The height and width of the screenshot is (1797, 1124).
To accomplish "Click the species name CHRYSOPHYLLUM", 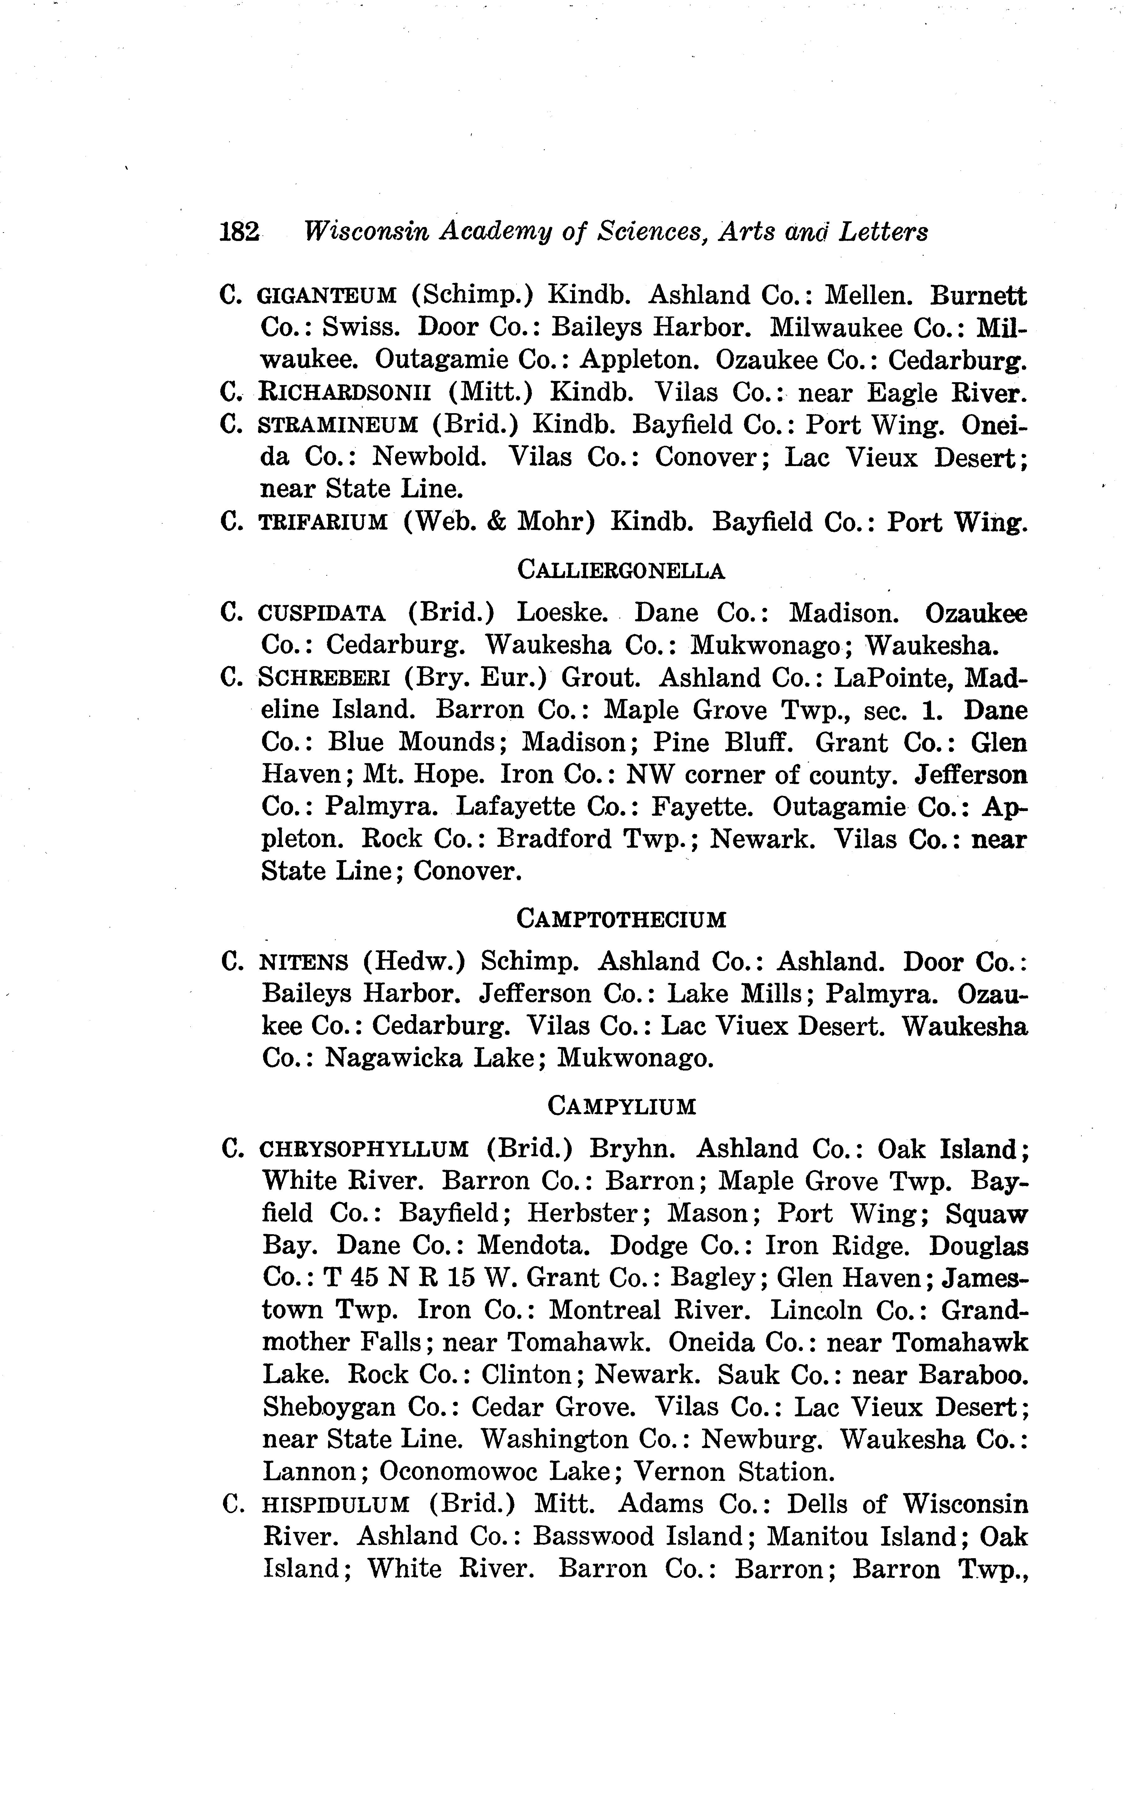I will [364, 1150].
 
